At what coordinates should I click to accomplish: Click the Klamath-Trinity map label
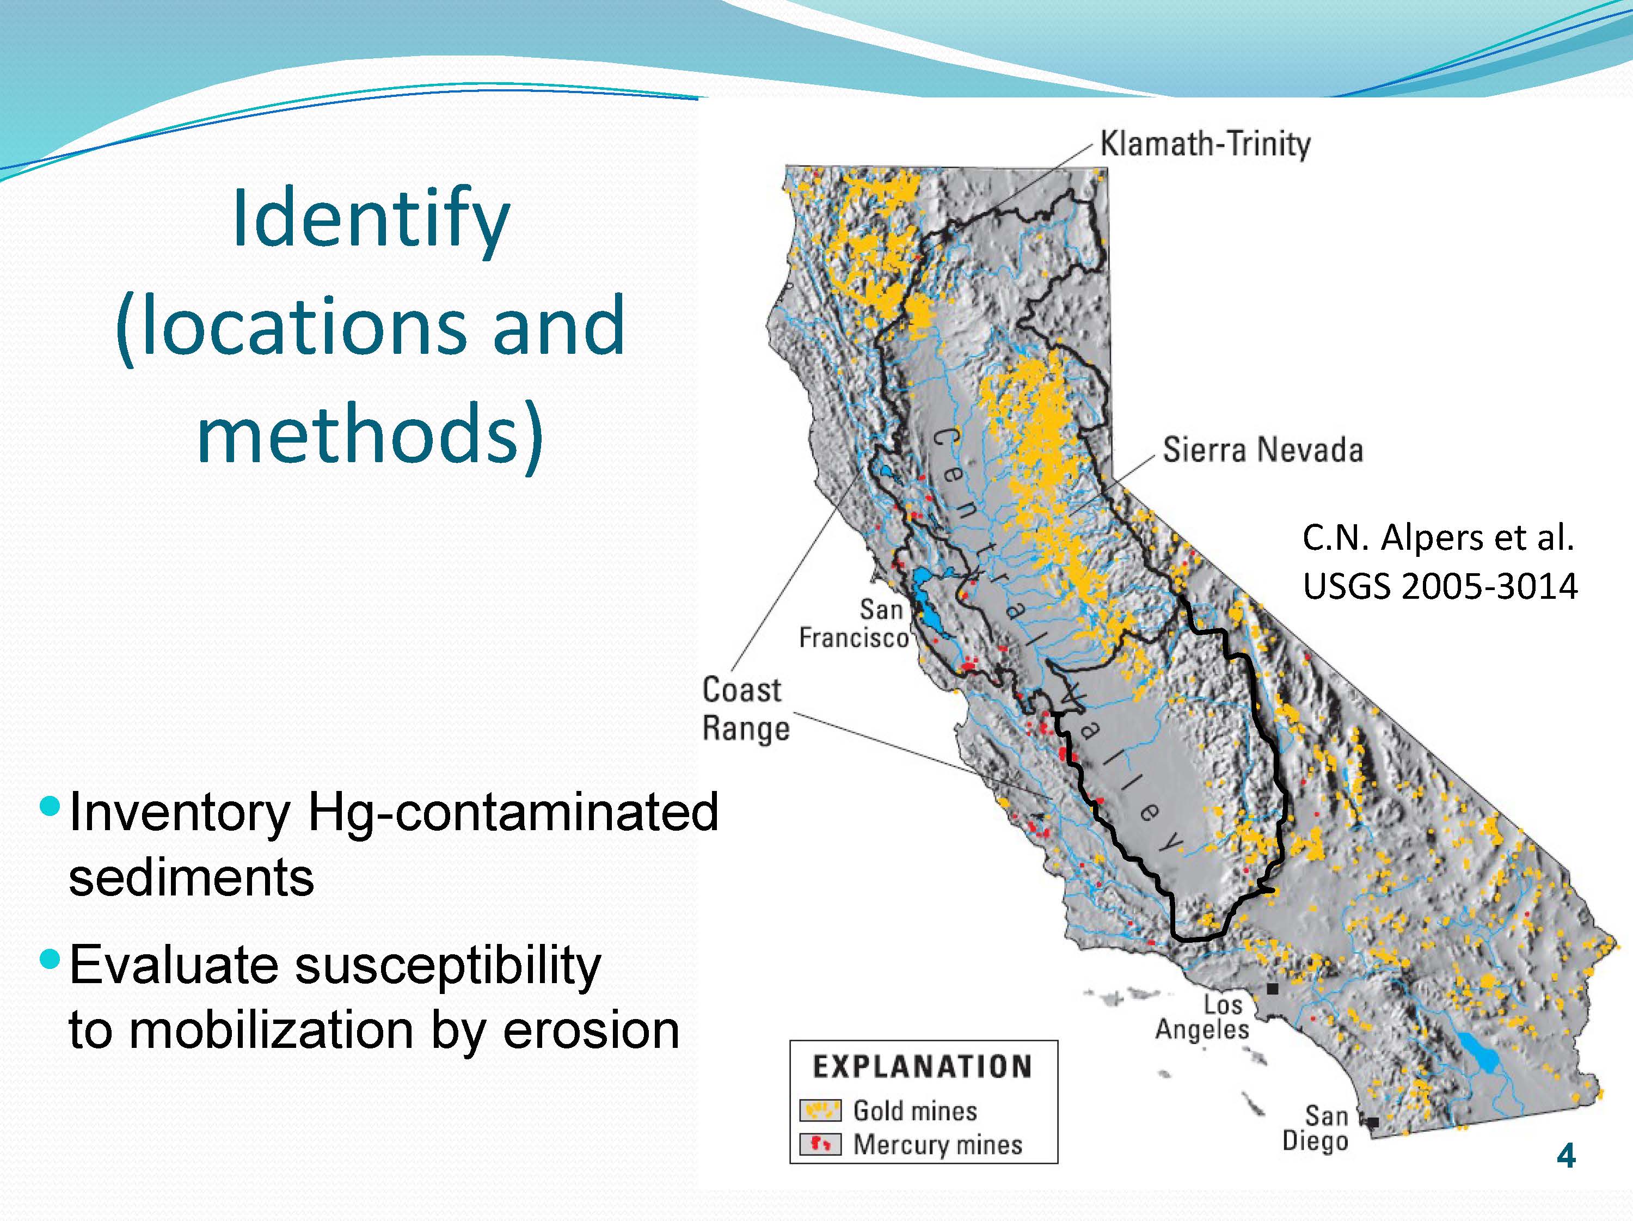click(1205, 144)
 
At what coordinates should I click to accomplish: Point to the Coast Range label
click(746, 709)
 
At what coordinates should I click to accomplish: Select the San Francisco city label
click(854, 624)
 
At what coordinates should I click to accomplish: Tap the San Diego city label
click(1316, 1127)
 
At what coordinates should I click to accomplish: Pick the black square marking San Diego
click(1372, 1122)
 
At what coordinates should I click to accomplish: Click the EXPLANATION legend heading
click(922, 1067)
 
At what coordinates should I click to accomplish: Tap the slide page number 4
click(1565, 1156)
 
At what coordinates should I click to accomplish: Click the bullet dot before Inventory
click(50, 806)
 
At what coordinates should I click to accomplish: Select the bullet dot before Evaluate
click(50, 959)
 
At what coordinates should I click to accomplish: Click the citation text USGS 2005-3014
click(1440, 586)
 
